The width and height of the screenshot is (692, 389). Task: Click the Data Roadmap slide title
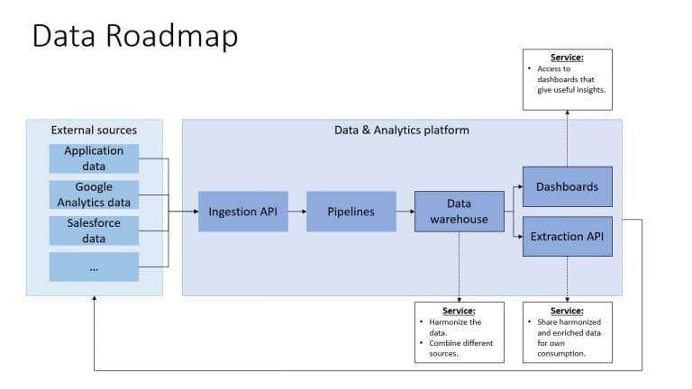point(135,35)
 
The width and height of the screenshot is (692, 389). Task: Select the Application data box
point(94,158)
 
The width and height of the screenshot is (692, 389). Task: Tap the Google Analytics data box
point(94,194)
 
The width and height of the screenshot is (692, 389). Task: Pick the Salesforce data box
point(94,231)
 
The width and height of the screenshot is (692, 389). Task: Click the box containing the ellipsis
point(94,267)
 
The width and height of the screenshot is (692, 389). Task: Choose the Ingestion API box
point(242,212)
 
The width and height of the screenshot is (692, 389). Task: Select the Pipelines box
point(351,212)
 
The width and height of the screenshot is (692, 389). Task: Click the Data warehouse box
point(459,212)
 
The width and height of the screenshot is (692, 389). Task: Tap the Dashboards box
point(567,187)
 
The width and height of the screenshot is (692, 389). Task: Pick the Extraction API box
point(567,236)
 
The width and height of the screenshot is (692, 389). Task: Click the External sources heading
point(94,130)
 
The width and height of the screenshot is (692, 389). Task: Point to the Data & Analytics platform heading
point(401,131)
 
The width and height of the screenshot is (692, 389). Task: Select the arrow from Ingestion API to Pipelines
point(296,212)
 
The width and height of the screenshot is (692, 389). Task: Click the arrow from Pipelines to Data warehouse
point(405,212)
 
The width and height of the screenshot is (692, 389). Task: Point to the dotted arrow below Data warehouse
point(459,267)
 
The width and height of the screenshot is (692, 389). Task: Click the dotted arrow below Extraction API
point(567,279)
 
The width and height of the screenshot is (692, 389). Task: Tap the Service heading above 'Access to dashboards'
point(566,58)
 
